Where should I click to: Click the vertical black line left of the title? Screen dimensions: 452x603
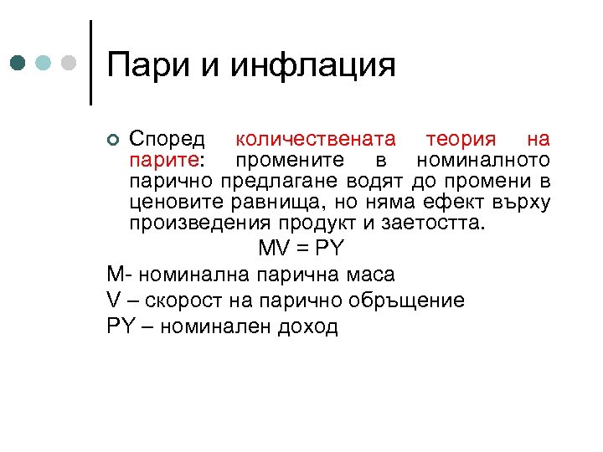coord(90,63)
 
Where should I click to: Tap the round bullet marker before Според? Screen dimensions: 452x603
coord(115,139)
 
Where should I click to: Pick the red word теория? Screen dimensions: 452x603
coord(461,138)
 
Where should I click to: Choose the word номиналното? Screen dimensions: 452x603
coord(488,160)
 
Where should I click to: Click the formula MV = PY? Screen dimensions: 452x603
coord(301,249)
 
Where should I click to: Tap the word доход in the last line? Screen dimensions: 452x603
coord(307,326)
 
